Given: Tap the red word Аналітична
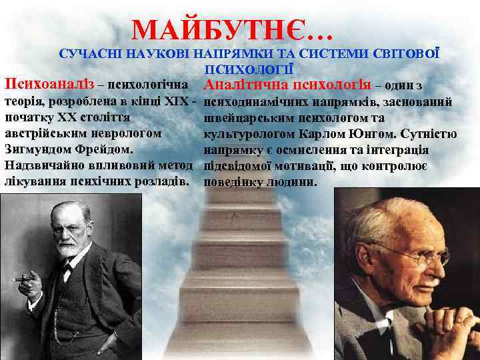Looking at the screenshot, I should [241, 85].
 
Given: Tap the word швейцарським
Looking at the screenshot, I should [245, 118].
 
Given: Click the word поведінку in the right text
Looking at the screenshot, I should [231, 181].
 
